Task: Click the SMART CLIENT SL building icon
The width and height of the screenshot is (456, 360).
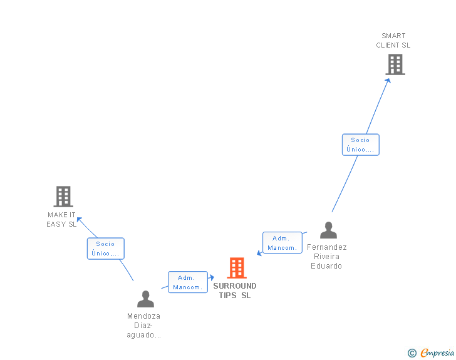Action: point(395,64)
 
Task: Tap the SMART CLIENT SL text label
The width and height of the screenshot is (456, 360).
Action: point(393,41)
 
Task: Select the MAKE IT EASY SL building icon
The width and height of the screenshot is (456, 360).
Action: point(63,197)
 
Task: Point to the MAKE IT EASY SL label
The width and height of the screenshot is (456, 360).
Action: point(61,220)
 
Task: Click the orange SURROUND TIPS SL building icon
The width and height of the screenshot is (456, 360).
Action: point(236,268)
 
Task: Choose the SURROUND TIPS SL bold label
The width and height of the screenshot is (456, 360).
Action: point(235,291)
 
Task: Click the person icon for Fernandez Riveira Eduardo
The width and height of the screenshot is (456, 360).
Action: point(328,230)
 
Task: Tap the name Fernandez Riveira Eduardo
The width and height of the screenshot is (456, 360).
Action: point(326,257)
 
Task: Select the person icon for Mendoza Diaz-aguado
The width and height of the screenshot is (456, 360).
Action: point(145,299)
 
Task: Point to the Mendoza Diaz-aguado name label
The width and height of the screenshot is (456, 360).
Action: point(144,326)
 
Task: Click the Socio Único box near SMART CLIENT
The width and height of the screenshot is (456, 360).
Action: point(360,145)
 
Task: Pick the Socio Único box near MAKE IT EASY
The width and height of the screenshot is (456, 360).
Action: point(105,249)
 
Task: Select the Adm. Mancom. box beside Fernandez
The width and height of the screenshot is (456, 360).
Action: point(282,243)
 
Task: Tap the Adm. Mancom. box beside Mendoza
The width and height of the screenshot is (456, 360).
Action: point(188,282)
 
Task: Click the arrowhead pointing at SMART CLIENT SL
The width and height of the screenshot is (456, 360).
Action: point(388,80)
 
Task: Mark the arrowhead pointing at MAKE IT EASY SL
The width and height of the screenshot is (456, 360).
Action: point(79,220)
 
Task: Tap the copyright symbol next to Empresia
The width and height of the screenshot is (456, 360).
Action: point(412,353)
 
